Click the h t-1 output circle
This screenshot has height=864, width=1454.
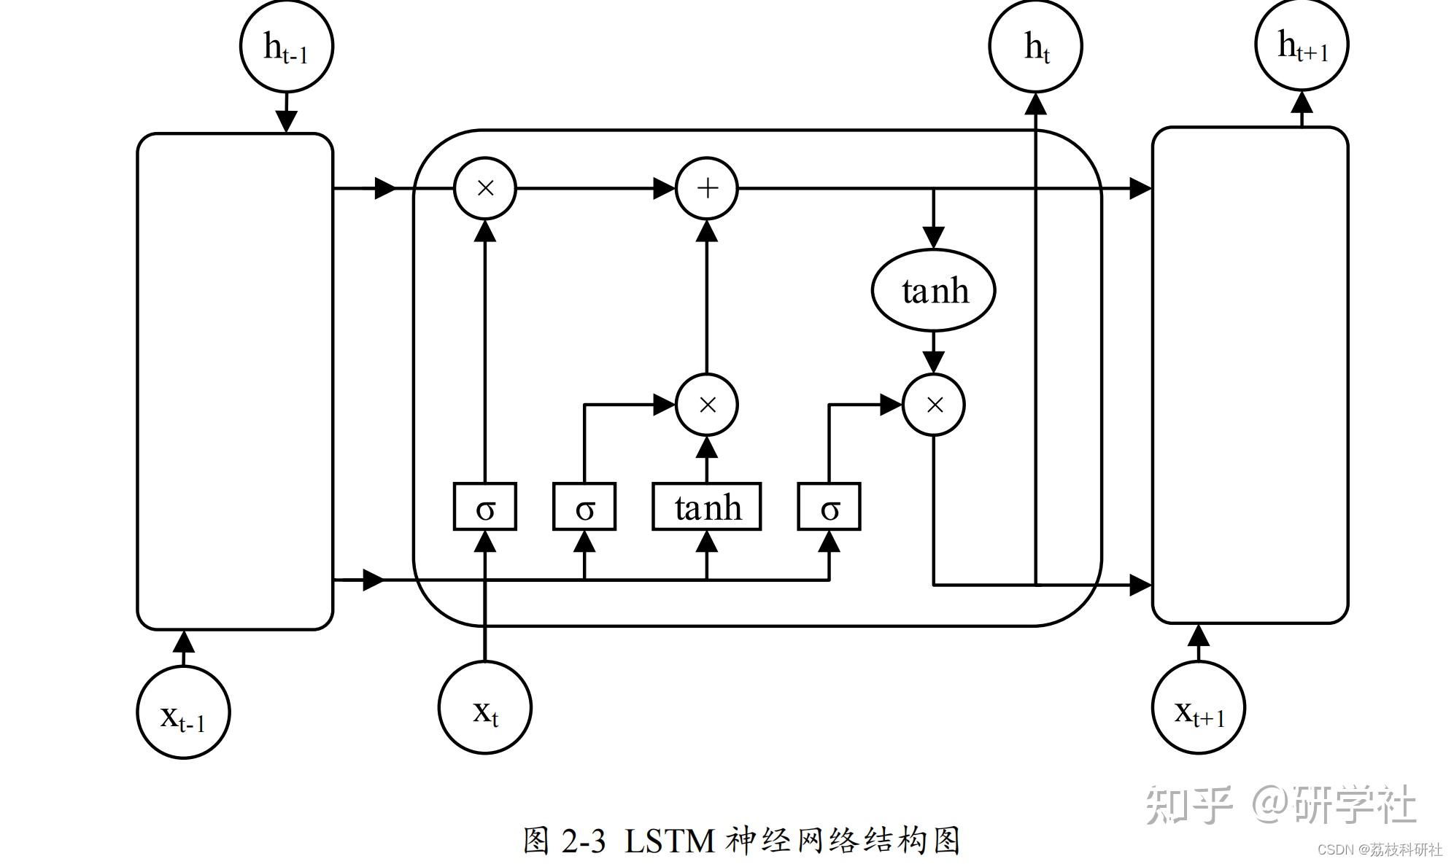286,46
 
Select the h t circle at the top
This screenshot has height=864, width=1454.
1035,46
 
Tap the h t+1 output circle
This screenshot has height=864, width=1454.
1302,44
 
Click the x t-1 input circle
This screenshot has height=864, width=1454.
183,712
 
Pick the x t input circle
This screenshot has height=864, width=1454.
485,707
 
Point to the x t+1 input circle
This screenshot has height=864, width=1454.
1198,707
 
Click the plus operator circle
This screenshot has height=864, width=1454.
707,188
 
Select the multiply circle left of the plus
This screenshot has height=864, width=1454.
485,188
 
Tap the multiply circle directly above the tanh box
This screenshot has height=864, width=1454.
707,405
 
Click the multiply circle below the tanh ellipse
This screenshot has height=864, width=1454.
934,405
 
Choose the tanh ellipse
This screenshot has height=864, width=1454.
934,290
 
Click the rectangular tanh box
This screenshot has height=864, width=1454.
706,507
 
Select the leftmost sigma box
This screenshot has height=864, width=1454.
485,507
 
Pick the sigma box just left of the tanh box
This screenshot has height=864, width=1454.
584,507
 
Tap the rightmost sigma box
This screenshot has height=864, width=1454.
829,507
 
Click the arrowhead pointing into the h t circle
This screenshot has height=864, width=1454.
1035,104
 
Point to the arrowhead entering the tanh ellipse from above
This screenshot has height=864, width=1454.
934,237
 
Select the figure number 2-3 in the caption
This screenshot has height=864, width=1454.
584,841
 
